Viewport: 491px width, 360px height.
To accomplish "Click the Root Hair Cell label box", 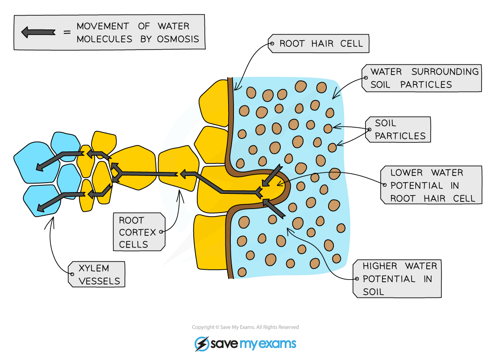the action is click(318, 44).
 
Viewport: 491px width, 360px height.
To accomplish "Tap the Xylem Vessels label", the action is click(96, 274).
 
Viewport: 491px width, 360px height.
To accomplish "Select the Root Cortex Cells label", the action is click(139, 232).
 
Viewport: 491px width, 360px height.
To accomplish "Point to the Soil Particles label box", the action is click(398, 130).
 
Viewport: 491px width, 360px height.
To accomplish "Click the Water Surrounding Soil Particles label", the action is click(421, 78).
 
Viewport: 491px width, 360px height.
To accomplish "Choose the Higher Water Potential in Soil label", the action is click(397, 279).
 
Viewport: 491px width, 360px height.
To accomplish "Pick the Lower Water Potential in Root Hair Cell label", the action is click(431, 185).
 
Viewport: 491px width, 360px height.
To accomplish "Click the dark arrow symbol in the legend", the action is click(38, 32).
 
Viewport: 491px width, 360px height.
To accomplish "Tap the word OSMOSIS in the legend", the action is click(178, 39).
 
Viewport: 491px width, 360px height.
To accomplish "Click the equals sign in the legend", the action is click(67, 32).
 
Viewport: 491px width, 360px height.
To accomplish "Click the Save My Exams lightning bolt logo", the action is click(202, 344).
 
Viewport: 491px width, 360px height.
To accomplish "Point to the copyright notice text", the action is click(245, 327).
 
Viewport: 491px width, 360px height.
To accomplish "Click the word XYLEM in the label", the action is click(94, 268).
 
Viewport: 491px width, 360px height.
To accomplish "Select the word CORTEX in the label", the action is click(137, 232).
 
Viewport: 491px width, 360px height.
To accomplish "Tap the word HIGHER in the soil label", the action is click(380, 266).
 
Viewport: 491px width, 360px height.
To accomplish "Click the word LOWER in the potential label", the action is click(407, 173).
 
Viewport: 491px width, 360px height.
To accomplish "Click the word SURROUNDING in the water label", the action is click(445, 72).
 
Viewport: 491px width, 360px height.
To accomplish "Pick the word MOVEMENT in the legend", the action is click(103, 26).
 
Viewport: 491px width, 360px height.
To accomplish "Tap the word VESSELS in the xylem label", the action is click(99, 281).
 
